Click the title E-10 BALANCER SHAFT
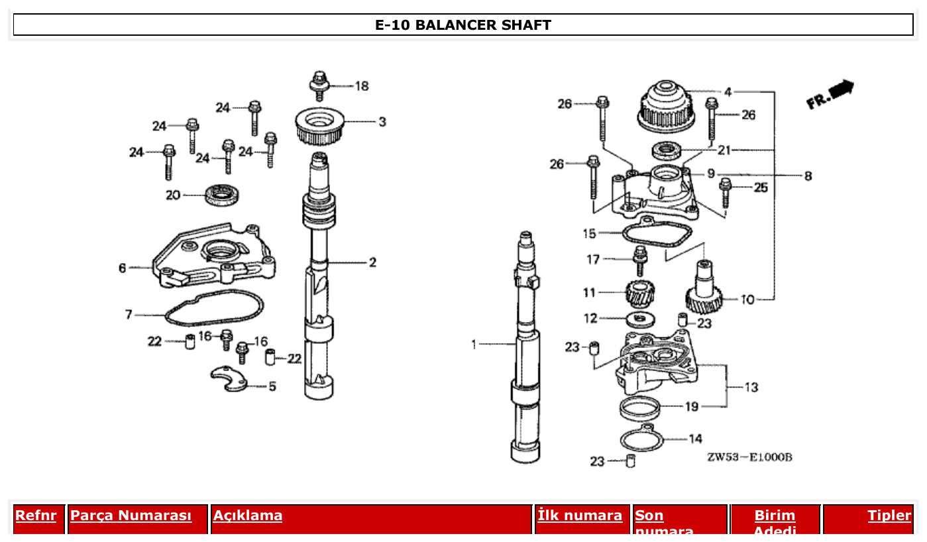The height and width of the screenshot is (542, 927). [463, 25]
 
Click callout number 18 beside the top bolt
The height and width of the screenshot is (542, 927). [361, 86]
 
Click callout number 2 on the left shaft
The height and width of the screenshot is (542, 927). [372, 262]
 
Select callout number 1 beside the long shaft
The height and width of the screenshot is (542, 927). [474, 345]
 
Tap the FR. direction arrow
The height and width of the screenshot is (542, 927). [831, 93]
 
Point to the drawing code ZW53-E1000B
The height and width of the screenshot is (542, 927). [749, 457]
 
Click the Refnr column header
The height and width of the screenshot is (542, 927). [36, 515]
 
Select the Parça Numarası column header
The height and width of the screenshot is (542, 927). [131, 515]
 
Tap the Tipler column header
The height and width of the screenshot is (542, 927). [889, 515]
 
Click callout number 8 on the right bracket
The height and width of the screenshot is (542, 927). [808, 176]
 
